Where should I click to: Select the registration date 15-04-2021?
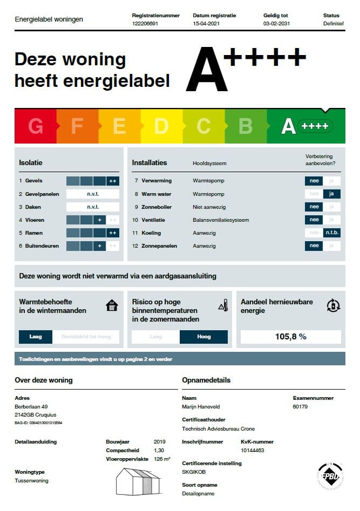(206, 24)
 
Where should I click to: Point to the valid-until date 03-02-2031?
(276, 24)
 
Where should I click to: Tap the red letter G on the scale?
(36, 126)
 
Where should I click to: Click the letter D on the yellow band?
(161, 126)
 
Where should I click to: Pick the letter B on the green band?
(245, 126)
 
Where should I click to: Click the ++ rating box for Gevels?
(113, 181)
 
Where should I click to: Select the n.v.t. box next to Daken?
(93, 207)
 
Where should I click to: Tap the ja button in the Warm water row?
(332, 194)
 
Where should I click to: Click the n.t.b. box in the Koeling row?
(332, 233)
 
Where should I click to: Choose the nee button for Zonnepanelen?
(314, 246)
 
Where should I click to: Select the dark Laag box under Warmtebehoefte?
(36, 337)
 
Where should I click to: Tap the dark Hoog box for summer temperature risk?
(203, 337)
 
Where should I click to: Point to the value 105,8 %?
(290, 337)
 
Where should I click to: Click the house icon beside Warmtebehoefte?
(112, 306)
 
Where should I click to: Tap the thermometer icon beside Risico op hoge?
(223, 306)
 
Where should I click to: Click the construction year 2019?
(160, 441)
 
